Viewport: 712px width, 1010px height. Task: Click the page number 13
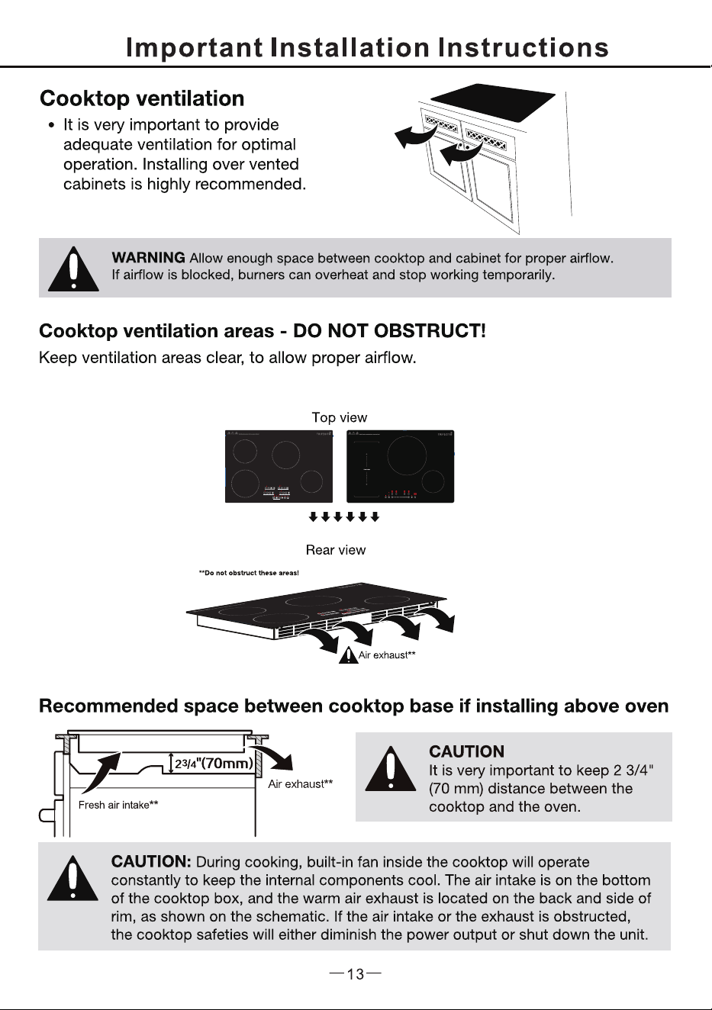pos(356,974)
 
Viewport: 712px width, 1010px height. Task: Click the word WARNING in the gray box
pos(149,258)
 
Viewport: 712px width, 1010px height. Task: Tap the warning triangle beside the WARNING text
pos(73,269)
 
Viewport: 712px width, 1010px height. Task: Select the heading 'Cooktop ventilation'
pos(142,98)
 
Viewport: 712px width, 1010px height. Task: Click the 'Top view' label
pos(340,417)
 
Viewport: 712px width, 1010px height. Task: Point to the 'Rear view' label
pos(336,550)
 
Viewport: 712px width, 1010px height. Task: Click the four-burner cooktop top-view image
pos(279,466)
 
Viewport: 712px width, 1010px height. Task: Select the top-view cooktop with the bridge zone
pos(400,466)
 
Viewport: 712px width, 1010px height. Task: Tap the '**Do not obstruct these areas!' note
pos(249,573)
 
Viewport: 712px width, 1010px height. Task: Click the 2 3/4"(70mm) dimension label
pos(214,764)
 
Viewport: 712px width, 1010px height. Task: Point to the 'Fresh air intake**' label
pos(118,805)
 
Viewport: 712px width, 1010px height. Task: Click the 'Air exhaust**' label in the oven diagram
pos(301,784)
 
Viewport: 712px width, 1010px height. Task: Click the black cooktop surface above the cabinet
pos(493,103)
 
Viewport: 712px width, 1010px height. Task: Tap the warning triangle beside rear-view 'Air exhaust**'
pos(348,655)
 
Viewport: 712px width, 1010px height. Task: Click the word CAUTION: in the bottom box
pos(151,861)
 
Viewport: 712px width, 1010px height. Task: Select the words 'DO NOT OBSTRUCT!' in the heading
pos(389,331)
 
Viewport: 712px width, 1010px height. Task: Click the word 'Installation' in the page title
pos(350,47)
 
